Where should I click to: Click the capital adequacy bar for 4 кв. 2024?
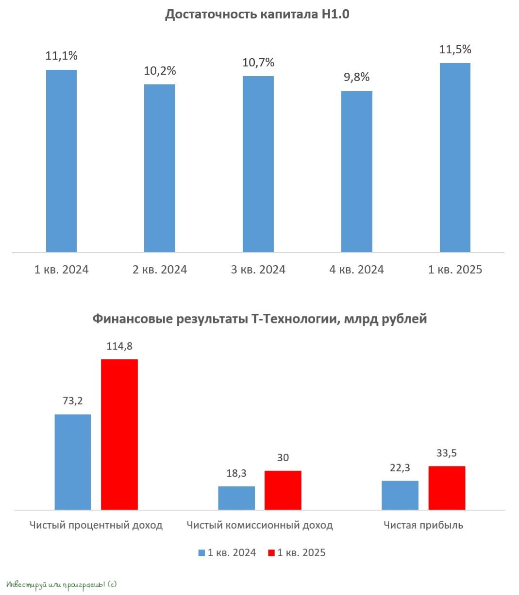pyautogui.click(x=356, y=172)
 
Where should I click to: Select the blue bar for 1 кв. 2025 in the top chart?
pyautogui.click(x=455, y=158)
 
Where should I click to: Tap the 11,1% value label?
pyautogui.click(x=62, y=56)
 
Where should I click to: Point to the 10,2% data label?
pyautogui.click(x=160, y=71)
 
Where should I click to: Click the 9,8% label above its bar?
pyautogui.click(x=357, y=77)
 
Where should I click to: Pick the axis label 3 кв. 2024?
pyautogui.click(x=258, y=270)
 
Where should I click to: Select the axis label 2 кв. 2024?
pyautogui.click(x=160, y=270)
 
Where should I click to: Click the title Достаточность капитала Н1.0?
pyautogui.click(x=257, y=15)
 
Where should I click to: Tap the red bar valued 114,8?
pyautogui.click(x=119, y=434)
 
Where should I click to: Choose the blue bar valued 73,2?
pyautogui.click(x=73, y=462)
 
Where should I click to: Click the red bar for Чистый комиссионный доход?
pyautogui.click(x=283, y=490)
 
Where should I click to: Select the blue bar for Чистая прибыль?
pyautogui.click(x=400, y=495)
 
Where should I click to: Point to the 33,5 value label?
pyautogui.click(x=447, y=453)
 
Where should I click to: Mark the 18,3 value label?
pyautogui.click(x=236, y=473)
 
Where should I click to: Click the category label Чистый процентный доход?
pyautogui.click(x=96, y=525)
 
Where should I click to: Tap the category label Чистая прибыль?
pyautogui.click(x=423, y=525)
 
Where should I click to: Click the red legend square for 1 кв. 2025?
pyautogui.click(x=271, y=553)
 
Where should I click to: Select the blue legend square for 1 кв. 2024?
pyautogui.click(x=202, y=553)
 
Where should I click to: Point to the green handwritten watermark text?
pyautogui.click(x=62, y=585)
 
